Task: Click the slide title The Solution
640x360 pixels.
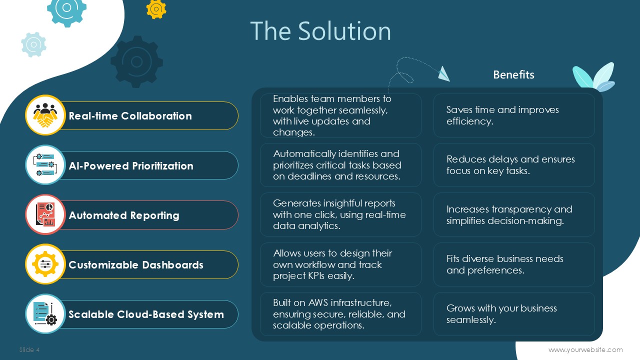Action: [x=320, y=31]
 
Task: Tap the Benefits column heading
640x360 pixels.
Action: [x=513, y=74]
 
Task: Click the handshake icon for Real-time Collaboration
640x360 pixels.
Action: [x=45, y=115]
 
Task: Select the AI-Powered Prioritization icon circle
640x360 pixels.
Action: [x=45, y=165]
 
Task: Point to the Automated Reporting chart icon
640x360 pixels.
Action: [x=45, y=214]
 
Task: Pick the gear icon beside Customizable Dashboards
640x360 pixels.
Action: [x=45, y=264]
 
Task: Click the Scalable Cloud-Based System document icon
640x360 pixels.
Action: [x=45, y=313]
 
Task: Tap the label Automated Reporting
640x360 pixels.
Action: [x=124, y=215]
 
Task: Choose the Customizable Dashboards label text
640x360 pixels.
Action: [x=136, y=265]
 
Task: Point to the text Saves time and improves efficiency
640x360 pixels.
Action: [x=502, y=115]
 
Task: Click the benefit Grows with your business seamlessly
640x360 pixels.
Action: [x=501, y=313]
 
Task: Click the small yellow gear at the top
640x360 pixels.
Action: [x=156, y=9]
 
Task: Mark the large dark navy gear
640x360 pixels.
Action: [x=136, y=61]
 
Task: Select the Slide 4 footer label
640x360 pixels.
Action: [x=29, y=349]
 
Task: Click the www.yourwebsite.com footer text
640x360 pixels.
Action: [x=585, y=349]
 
